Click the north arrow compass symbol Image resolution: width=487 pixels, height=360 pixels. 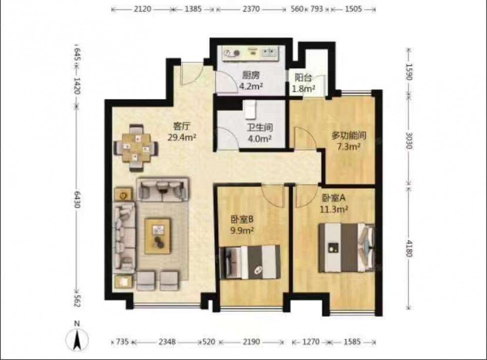77,339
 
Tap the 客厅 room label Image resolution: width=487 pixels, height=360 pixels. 182,127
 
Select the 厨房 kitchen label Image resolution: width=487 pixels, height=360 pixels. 251,76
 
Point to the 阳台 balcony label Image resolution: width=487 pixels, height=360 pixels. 303,77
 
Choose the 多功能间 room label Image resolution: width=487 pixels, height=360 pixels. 349,136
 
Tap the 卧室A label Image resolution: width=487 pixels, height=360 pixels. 334,198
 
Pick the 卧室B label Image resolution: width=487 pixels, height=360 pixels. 242,220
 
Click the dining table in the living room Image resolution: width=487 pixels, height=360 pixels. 136,148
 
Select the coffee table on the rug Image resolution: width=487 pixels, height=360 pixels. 158,236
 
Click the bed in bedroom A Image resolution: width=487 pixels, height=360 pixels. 346,247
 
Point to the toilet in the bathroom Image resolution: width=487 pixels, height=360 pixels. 250,109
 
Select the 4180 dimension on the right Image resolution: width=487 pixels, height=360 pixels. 409,248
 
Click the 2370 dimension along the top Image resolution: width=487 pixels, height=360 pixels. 251,9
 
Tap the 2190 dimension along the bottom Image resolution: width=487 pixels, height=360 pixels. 251,341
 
